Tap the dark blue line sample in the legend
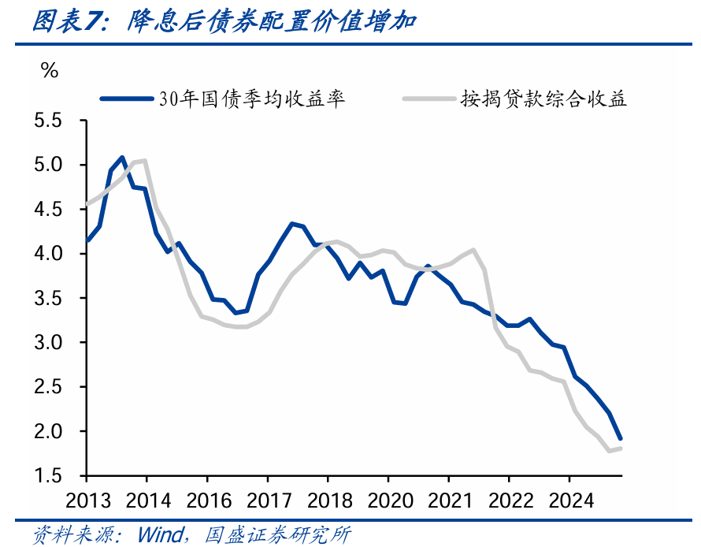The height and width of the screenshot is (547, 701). [x=126, y=99]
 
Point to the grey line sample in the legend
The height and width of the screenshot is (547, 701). [x=429, y=99]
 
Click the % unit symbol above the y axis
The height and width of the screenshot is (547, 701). [x=50, y=71]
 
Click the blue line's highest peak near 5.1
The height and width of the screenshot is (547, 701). [x=122, y=158]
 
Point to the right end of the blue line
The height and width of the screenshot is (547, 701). [x=621, y=438]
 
